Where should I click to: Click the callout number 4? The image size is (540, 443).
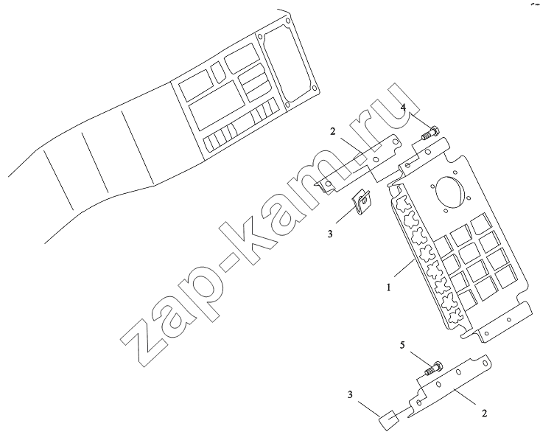point(403,108)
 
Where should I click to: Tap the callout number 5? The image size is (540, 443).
point(402,345)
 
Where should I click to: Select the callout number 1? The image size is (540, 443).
point(389,287)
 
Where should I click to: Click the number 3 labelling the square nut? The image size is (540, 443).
point(350,395)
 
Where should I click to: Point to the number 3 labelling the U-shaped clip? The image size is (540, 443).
point(330,234)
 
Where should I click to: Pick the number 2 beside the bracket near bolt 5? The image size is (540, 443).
point(484,413)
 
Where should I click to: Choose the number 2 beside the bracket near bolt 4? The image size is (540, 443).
point(333,131)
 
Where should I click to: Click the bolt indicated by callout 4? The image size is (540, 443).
point(429,133)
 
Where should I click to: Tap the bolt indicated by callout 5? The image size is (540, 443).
point(434,368)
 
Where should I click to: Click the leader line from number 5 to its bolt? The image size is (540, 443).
point(419,359)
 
